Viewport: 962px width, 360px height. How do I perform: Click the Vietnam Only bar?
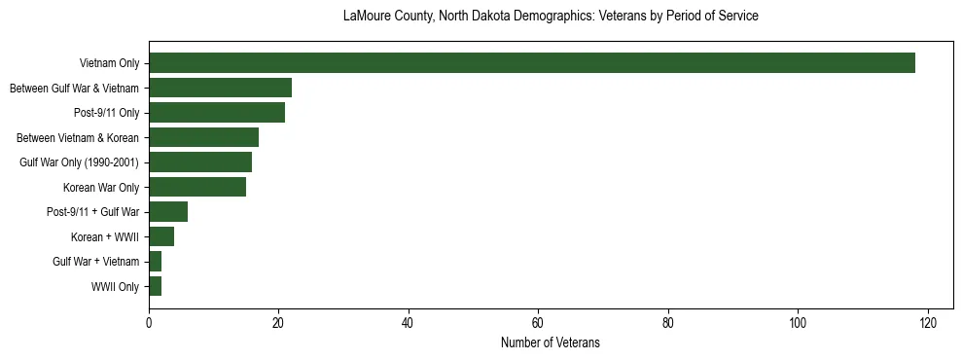pos(531,63)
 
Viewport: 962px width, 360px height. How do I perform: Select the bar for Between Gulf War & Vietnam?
pos(220,89)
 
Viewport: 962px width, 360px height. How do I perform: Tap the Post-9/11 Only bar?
pos(217,113)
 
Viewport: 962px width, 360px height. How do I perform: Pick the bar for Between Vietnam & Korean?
pos(203,138)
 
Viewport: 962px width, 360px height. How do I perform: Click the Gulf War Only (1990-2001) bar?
pos(200,162)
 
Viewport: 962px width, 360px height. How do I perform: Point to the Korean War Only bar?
pos(197,188)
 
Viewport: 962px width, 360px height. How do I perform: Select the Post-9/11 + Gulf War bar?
pos(168,212)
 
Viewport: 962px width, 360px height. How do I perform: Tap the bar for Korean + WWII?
pos(161,237)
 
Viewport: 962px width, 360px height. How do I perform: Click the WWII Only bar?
pos(156,287)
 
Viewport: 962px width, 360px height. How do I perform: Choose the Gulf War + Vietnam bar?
pos(156,262)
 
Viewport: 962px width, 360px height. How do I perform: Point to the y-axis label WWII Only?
pos(115,287)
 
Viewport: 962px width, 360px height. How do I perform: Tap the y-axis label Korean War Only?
pos(101,188)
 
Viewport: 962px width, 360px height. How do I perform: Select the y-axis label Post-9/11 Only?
pos(107,114)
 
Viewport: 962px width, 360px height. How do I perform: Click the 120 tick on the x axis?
pos(927,323)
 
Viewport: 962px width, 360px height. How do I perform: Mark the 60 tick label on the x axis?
pos(538,323)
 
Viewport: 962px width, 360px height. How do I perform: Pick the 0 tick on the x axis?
pos(149,323)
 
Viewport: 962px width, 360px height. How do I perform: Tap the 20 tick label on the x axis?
pos(278,323)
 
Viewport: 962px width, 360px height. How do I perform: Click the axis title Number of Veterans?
pos(551,343)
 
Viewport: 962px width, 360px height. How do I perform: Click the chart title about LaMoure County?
pos(551,17)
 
